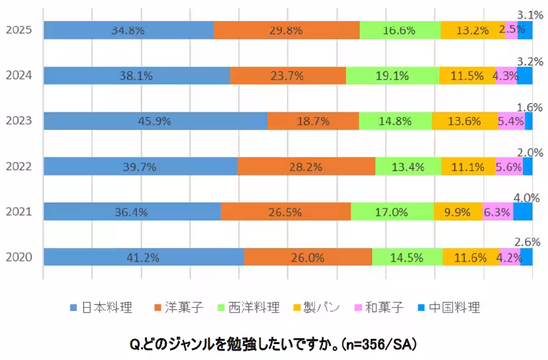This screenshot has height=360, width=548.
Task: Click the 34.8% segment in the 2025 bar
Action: [128, 30]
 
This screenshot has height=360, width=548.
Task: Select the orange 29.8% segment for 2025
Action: [287, 30]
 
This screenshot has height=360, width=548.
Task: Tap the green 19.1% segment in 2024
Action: [392, 76]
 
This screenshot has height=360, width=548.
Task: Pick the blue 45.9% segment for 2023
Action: [156, 121]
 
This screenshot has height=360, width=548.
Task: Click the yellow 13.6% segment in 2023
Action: [465, 121]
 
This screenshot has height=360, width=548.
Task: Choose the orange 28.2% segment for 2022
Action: [306, 167]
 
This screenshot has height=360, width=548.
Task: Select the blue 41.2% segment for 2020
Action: [144, 257]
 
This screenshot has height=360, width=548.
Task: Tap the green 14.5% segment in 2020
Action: [407, 257]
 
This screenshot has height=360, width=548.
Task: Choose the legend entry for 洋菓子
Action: [179, 308]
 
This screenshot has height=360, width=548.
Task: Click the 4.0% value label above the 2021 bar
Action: [528, 197]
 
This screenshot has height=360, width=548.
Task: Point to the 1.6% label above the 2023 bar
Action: [529, 107]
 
